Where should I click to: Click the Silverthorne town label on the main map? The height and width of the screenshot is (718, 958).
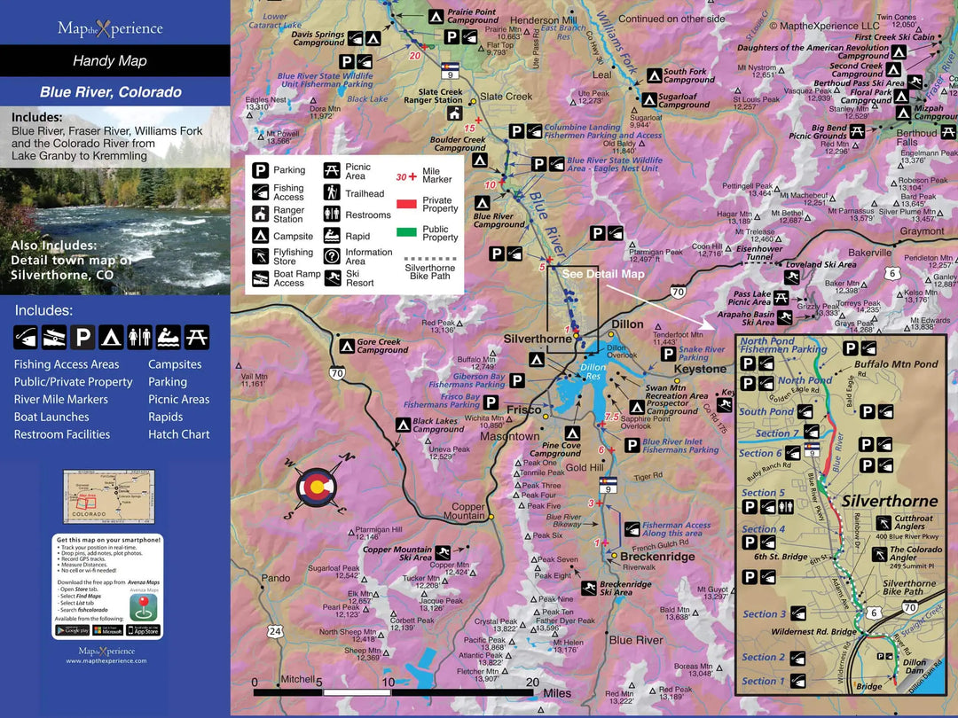coord(538,339)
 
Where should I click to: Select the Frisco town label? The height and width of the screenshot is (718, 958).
coord(524,410)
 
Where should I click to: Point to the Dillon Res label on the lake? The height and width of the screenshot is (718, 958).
coord(593,371)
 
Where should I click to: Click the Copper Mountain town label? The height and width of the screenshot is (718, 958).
coord(464,511)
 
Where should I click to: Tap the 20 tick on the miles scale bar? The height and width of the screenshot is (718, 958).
coord(532,683)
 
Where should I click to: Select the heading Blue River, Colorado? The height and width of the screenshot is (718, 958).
coord(111,92)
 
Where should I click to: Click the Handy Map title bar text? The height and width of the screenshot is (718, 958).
coord(110,61)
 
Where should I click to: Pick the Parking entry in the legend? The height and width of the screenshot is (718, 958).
coord(289,170)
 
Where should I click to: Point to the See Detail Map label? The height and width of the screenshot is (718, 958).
coord(603,274)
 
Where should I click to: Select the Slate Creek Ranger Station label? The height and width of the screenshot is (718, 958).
coord(440,97)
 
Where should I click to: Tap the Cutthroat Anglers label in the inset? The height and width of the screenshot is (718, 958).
coord(914,523)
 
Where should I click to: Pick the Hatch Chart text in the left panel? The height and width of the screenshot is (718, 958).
coord(179,434)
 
